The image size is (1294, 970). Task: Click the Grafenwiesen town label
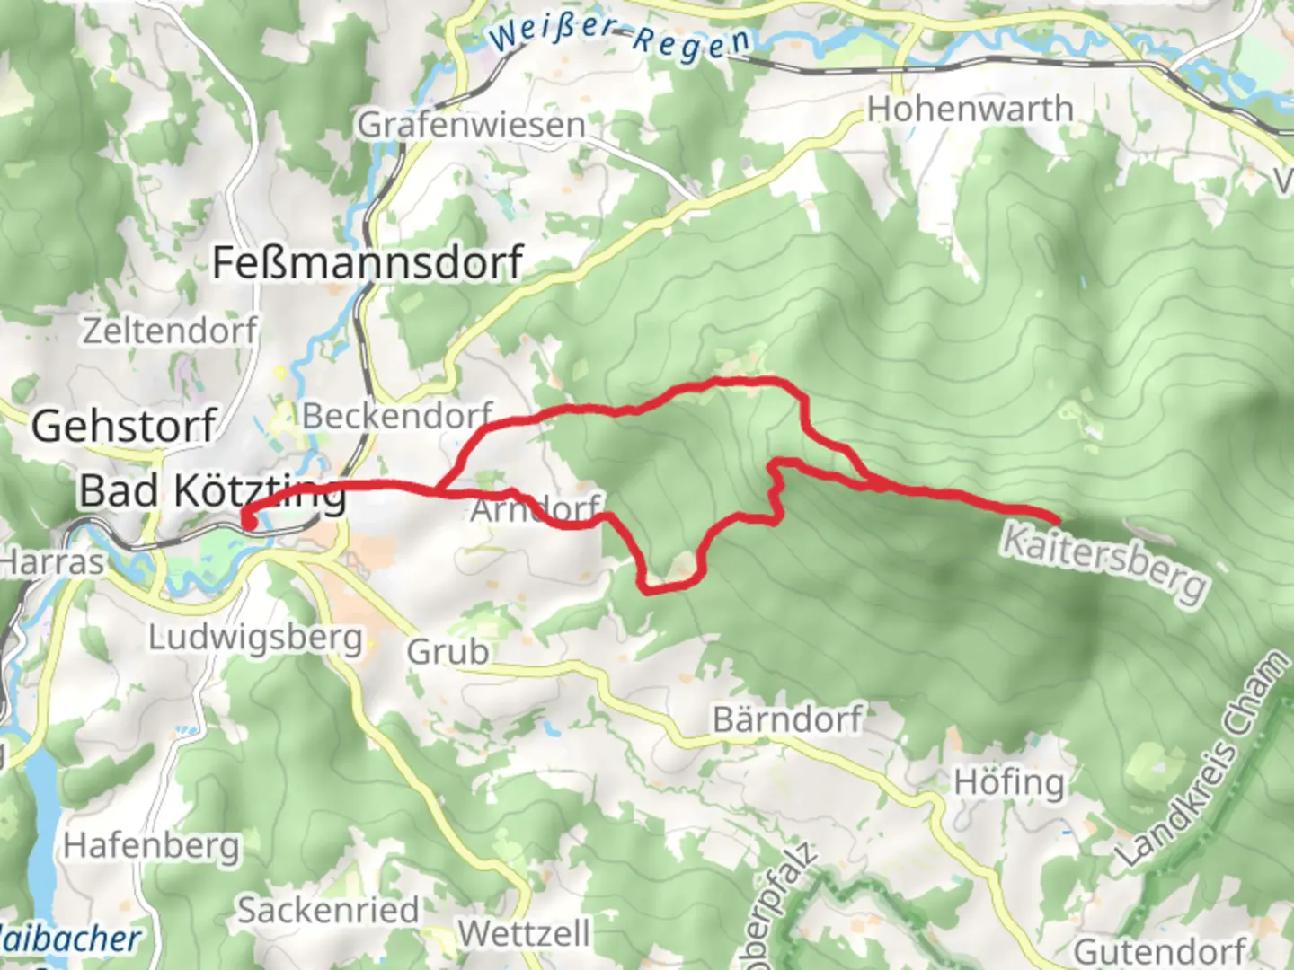471,125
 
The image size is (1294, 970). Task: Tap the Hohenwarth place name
970,110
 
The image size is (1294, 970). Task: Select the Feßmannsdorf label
367,263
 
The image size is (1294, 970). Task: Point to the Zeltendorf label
170,331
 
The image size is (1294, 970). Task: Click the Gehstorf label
124,426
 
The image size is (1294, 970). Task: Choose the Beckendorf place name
397,416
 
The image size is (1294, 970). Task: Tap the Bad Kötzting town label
212,491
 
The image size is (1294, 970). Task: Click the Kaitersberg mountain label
1104,564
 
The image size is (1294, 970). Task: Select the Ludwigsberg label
255,638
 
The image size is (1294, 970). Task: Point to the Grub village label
448,651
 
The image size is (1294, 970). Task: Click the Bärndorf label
787,719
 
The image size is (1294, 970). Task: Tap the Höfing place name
1008,782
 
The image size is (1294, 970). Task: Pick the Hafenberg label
152,846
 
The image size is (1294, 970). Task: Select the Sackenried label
328,911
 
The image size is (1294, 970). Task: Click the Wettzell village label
524,933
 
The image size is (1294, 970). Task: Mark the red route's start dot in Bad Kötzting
248,519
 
